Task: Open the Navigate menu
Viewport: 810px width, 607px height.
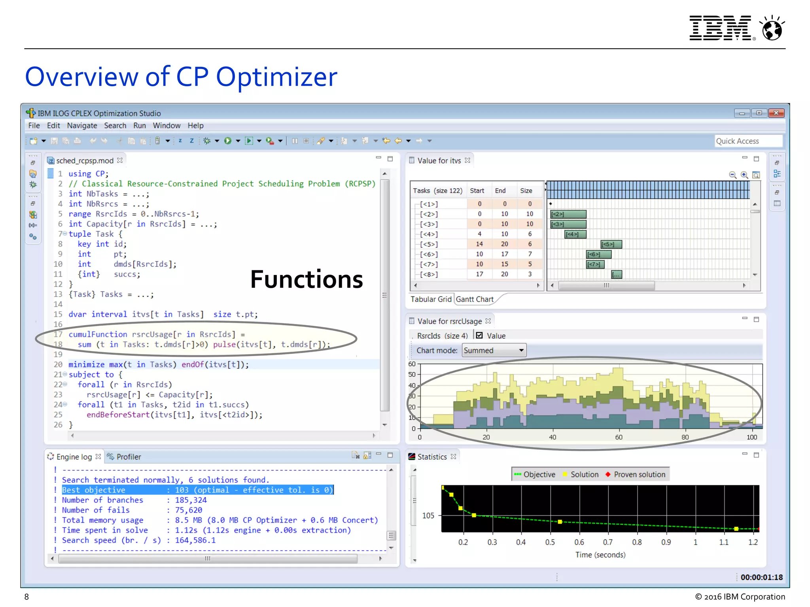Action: tap(82, 126)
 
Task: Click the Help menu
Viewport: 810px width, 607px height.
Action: tap(195, 126)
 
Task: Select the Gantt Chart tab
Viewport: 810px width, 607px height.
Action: tap(475, 299)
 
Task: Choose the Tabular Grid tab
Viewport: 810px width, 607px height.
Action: tap(431, 299)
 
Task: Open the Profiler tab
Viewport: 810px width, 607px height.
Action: tap(129, 457)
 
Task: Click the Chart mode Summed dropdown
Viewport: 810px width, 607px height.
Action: tap(494, 351)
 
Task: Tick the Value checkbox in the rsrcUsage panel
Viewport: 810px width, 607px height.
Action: tap(480, 336)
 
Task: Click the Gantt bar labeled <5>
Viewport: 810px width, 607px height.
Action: tap(611, 244)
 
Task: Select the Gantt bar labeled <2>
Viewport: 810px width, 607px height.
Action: tap(568, 214)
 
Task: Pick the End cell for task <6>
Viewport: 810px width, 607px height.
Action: tap(504, 254)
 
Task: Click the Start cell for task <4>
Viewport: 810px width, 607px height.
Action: tap(479, 234)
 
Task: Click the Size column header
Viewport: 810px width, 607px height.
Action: tap(526, 190)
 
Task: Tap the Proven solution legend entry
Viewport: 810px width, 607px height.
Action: tap(636, 475)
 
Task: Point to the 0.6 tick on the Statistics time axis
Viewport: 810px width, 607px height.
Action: tap(579, 542)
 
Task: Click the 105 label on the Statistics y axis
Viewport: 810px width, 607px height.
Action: tap(428, 516)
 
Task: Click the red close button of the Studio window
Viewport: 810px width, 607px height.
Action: tap(776, 113)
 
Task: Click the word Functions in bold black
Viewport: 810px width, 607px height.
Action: tap(307, 279)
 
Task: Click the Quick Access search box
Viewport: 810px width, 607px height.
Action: tap(748, 141)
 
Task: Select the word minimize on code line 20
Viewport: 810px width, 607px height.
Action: tap(86, 364)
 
